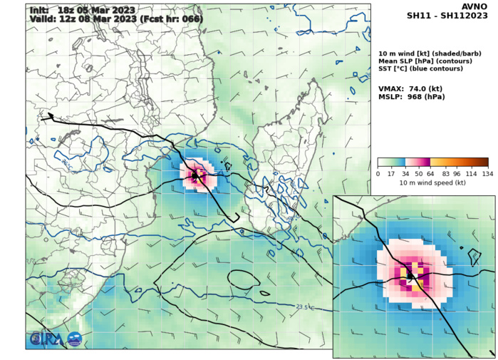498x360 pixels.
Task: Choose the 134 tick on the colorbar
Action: click(487, 174)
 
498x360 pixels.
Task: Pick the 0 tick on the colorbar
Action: click(378, 174)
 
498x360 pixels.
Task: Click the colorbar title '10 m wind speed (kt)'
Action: click(432, 183)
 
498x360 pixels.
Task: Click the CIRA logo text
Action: click(47, 339)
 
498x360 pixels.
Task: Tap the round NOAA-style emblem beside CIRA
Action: click(74, 339)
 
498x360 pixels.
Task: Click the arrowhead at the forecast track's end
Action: click(50, 115)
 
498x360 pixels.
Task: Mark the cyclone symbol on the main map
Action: click(194, 174)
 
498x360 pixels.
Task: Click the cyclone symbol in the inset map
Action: click(410, 275)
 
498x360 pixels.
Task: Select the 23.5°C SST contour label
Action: click(305, 307)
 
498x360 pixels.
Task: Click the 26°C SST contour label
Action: click(67, 164)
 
